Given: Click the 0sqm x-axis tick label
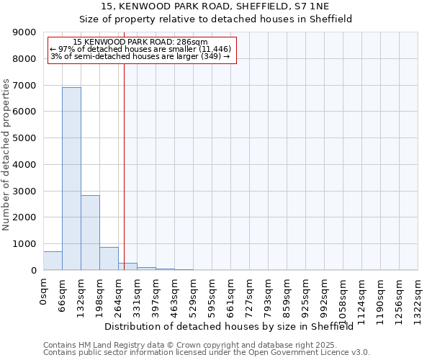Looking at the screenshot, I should click(44, 291).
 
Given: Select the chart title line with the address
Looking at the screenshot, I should click(215, 6).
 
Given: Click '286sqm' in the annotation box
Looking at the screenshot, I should click(193, 42).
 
